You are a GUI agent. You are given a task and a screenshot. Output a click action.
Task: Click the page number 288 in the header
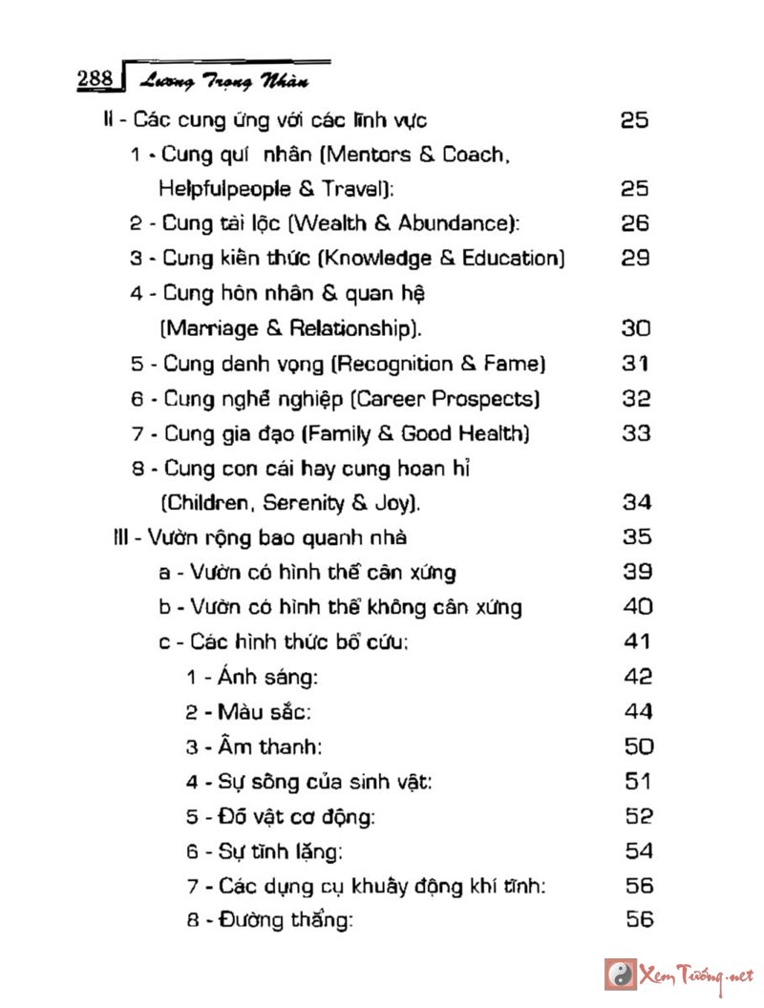(x=95, y=78)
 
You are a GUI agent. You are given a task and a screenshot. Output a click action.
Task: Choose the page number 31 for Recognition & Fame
(x=635, y=364)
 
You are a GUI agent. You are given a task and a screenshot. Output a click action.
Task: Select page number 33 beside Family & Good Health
(x=636, y=433)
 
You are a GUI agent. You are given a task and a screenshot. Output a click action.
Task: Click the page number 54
(x=639, y=850)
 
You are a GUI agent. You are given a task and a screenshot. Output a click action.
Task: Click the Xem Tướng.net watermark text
(x=695, y=976)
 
